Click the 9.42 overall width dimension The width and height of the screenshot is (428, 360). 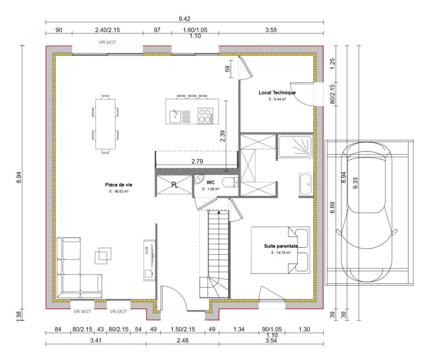click(x=185, y=19)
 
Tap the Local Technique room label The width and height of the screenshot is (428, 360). click(x=277, y=93)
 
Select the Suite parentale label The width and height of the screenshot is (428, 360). click(x=280, y=246)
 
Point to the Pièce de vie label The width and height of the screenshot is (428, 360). click(x=119, y=184)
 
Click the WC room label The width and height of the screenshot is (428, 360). click(x=210, y=183)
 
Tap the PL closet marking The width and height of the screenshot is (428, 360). click(x=174, y=185)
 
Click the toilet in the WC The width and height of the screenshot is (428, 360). click(x=230, y=182)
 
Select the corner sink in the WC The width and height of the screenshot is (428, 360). click(x=199, y=179)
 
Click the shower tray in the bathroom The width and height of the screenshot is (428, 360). click(x=295, y=146)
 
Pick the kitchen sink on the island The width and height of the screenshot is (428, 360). click(x=175, y=117)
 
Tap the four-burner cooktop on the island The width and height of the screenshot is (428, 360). click(x=205, y=116)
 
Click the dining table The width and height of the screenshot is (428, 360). click(x=105, y=124)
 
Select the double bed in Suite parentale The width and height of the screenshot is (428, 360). click(x=280, y=250)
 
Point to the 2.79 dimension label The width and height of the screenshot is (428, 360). click(x=197, y=161)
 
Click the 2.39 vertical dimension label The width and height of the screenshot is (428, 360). click(x=222, y=136)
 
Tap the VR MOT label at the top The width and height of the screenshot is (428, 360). click(x=107, y=42)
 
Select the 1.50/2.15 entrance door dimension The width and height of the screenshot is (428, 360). click(x=183, y=329)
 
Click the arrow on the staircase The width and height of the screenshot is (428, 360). click(x=218, y=212)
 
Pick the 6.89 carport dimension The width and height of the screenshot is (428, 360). click(x=332, y=207)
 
